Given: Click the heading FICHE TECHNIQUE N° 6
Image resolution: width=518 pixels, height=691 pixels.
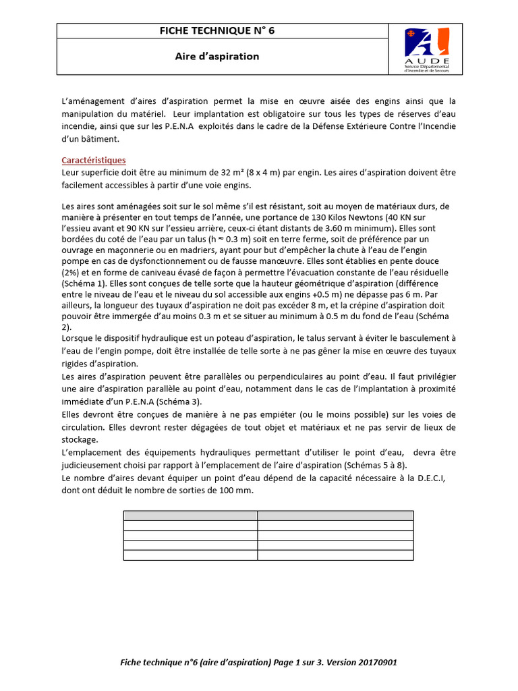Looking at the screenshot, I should [217, 30].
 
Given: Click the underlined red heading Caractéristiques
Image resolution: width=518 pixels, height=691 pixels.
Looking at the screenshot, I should [94, 161].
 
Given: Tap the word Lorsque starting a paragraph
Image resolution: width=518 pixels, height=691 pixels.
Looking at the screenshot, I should [78, 337].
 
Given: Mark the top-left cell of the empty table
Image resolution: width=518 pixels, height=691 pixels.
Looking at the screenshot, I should [190, 516].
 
